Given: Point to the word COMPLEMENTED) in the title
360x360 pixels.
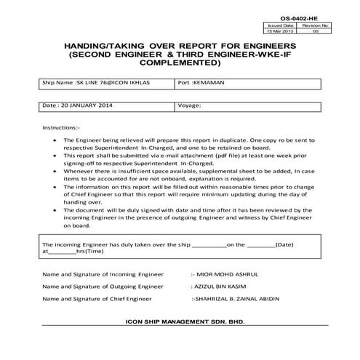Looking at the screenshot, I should (180, 63).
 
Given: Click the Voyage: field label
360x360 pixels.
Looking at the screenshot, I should (189, 105).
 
